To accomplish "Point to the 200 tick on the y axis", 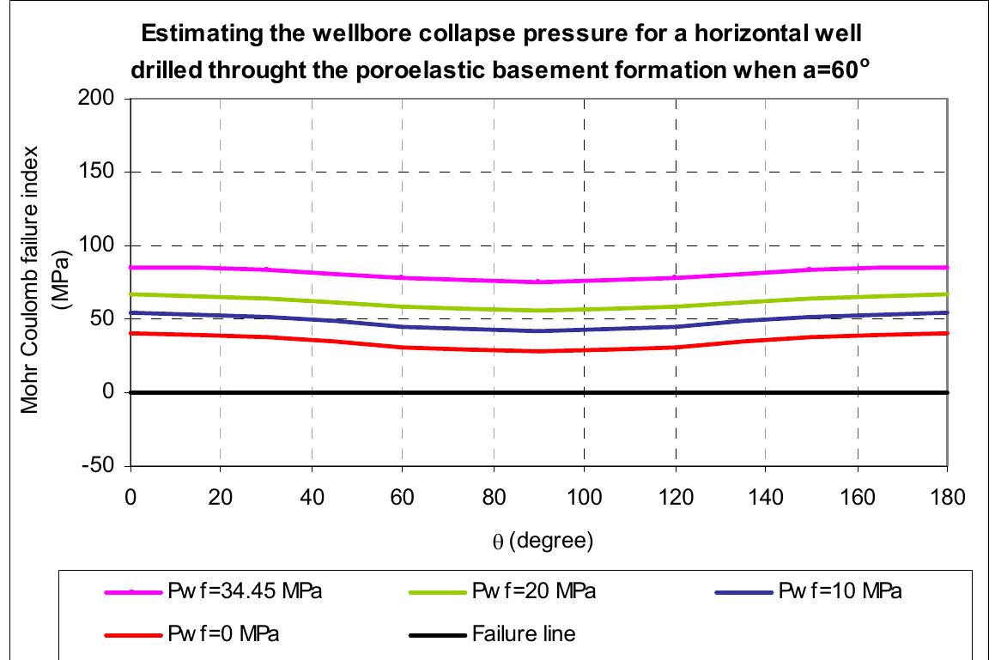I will click(102, 99).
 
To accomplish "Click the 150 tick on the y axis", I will click(102, 172).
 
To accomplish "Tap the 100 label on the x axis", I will click(584, 497).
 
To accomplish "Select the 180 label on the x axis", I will click(947, 497).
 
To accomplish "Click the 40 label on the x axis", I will click(312, 497).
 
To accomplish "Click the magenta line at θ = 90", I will click(539, 282).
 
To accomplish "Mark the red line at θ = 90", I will click(539, 351).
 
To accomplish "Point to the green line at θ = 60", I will click(403, 306).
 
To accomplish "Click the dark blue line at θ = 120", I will click(676, 326).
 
